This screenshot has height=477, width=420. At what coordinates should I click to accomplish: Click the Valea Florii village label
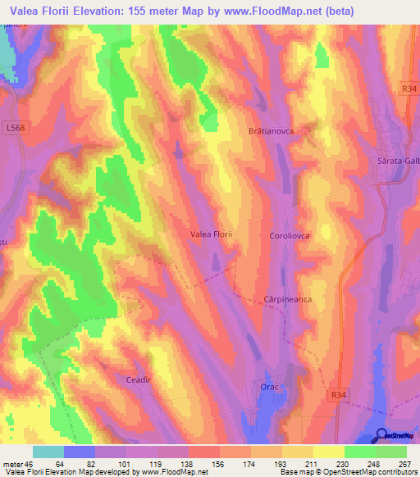[x=212, y=234]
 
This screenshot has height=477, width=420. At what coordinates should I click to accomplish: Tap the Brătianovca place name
[x=271, y=131]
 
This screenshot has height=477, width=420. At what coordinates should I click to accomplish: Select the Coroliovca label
[x=290, y=235]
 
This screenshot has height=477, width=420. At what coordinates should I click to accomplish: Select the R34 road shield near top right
[x=410, y=87]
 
